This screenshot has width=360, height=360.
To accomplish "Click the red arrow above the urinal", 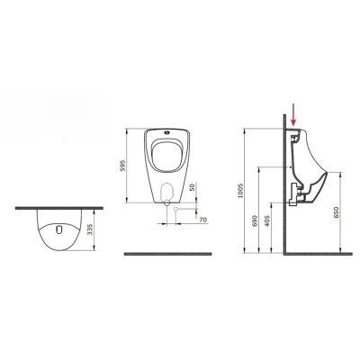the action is (293, 114).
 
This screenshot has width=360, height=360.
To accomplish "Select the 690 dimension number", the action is (256, 220).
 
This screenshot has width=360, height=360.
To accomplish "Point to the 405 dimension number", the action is (268, 220).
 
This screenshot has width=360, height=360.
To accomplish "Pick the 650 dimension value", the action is (336, 212).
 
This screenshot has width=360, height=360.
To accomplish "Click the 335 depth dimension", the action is (89, 229).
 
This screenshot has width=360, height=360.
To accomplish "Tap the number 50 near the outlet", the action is (193, 187).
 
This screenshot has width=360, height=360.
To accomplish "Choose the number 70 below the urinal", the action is (203, 220).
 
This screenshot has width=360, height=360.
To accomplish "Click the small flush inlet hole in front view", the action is (166, 131).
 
